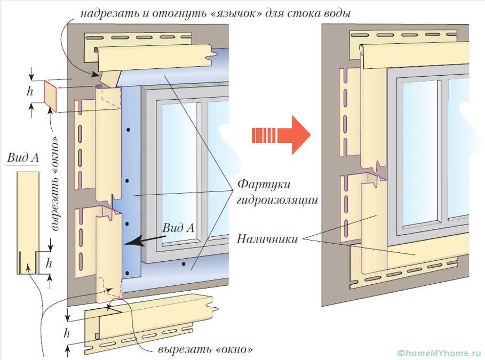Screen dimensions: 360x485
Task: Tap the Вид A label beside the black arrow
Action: click(x=179, y=227)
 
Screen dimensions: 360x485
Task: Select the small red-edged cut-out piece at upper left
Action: click(x=51, y=96)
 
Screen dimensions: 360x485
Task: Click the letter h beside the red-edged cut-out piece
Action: click(x=30, y=91)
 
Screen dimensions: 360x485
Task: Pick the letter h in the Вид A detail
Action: click(x=50, y=262)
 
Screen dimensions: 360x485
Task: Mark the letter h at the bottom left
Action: click(x=67, y=334)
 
